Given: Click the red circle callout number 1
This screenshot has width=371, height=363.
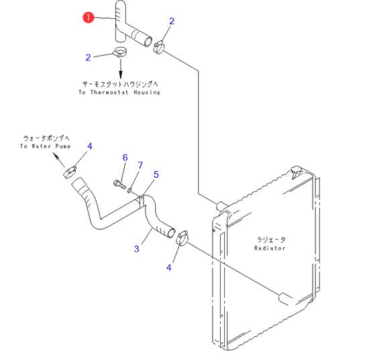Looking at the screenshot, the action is (89, 17).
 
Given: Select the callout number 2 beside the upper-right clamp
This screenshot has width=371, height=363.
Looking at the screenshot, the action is (172, 21).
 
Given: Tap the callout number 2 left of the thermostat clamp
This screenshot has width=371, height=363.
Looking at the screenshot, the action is (88, 58).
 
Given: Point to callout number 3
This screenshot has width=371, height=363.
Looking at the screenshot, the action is (136, 249).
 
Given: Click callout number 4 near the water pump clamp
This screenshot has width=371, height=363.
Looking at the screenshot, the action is (90, 146).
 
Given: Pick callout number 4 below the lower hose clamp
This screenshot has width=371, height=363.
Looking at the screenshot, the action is (168, 268).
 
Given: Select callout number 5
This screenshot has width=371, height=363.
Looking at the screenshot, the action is (156, 174).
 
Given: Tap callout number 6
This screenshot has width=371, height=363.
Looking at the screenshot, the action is (125, 158).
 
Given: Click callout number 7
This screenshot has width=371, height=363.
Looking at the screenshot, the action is (140, 165).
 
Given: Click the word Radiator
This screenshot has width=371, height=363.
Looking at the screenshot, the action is (270, 248).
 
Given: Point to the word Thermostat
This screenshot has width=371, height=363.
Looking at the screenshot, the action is (109, 93).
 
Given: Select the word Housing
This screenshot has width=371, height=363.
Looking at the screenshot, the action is (147, 93).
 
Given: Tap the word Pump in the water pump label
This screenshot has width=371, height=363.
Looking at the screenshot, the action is (63, 146).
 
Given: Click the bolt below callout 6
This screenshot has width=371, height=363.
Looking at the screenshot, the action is (119, 185).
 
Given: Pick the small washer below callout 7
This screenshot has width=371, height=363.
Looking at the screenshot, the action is (129, 190).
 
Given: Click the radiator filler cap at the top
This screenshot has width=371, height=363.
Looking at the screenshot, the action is (297, 171).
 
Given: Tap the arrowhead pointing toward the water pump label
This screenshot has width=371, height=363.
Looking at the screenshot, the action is (56, 156).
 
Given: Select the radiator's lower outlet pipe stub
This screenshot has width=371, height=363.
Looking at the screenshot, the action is (285, 299).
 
